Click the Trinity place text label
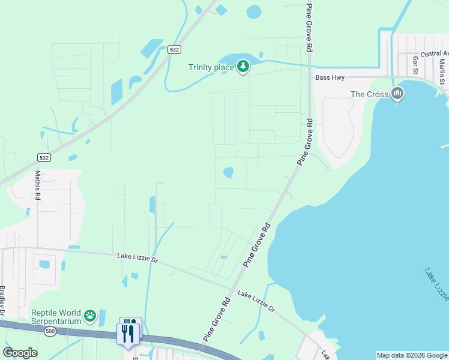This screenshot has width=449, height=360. pyautogui.click(x=211, y=67)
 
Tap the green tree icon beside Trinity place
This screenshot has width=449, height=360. pyautogui.click(x=243, y=67)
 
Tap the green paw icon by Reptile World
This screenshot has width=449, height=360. pyautogui.click(x=90, y=315)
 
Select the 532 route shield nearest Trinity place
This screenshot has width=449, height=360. pyautogui.click(x=174, y=50)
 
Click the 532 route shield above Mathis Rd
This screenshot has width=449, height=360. pyautogui.click(x=43, y=158)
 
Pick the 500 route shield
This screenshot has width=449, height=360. pyautogui.click(x=50, y=331)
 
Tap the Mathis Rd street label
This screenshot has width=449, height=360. pyautogui.click(x=37, y=185)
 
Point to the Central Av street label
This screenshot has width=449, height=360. pyautogui.click(x=435, y=54)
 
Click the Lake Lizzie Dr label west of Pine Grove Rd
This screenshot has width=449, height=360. pyautogui.click(x=137, y=257)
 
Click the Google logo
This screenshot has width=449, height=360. pyautogui.click(x=20, y=352)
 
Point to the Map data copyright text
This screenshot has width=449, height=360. pyautogui.click(x=411, y=355)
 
